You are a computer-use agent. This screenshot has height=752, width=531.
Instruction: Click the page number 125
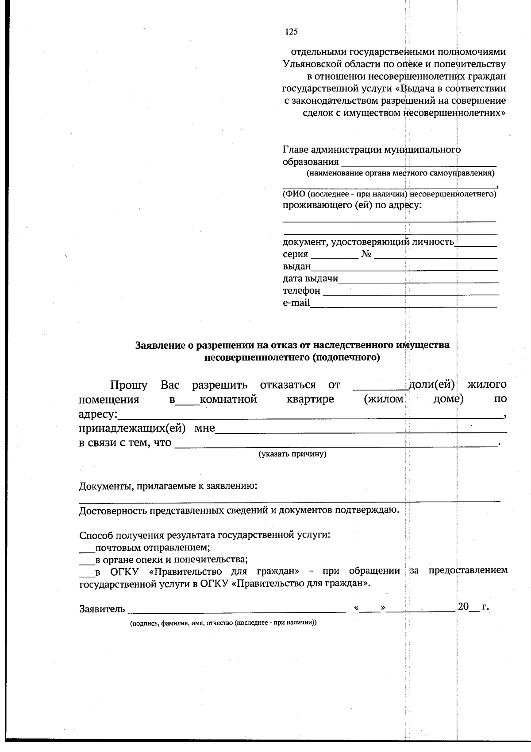click(291, 31)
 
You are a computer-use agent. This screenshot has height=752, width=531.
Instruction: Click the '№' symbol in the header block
click(366, 254)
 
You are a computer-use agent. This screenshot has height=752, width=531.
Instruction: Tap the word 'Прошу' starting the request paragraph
click(129, 385)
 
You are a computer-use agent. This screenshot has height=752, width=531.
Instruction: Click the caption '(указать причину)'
click(292, 454)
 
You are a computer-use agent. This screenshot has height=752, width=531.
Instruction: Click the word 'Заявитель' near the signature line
click(102, 609)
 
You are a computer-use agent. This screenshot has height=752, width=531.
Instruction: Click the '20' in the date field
click(463, 607)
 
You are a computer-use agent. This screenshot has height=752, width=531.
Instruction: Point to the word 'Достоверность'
click(113, 510)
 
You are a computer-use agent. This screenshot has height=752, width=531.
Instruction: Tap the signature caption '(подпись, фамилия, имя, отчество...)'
click(223, 623)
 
